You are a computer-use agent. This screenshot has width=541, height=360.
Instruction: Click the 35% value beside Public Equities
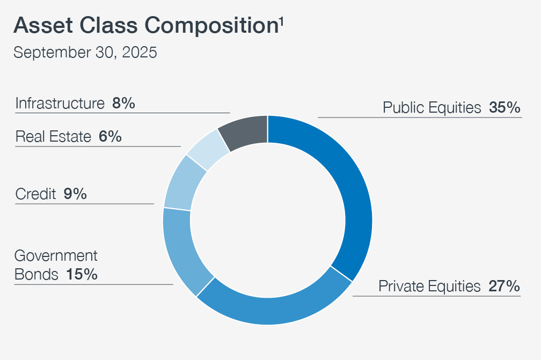pyautogui.click(x=505, y=108)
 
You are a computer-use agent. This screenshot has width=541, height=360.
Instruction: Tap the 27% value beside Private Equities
pyautogui.click(x=504, y=286)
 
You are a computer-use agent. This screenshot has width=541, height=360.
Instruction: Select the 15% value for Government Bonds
pyautogui.click(x=82, y=275)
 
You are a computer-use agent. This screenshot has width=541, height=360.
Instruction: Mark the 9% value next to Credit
pyautogui.click(x=75, y=194)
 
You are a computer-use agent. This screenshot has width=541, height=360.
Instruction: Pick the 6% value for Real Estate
pyautogui.click(x=110, y=137)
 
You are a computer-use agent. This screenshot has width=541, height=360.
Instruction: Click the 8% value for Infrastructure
pyautogui.click(x=123, y=104)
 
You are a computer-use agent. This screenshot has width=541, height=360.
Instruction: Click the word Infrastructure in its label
pyautogui.click(x=60, y=104)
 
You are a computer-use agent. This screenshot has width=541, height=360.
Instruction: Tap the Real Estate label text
pyautogui.click(x=53, y=137)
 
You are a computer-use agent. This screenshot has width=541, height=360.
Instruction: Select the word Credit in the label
pyautogui.click(x=35, y=194)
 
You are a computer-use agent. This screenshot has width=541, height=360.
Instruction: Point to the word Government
pyautogui.click(x=56, y=255)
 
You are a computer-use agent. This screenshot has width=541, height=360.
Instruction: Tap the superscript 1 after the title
pyautogui.click(x=281, y=20)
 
